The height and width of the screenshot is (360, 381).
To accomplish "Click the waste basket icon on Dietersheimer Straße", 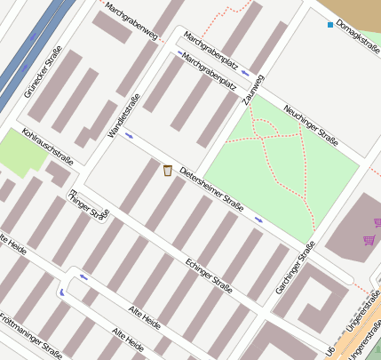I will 167,170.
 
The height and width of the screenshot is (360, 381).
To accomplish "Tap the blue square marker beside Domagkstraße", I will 330,24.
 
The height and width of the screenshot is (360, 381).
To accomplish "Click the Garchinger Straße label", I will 295,268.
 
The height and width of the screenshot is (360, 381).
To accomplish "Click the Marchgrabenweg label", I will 131,21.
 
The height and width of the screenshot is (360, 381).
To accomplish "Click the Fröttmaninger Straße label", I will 30,333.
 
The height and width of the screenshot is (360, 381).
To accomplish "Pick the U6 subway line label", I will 330,352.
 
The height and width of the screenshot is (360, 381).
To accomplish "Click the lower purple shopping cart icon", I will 368,240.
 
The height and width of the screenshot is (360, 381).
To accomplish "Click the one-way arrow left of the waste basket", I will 130,136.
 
